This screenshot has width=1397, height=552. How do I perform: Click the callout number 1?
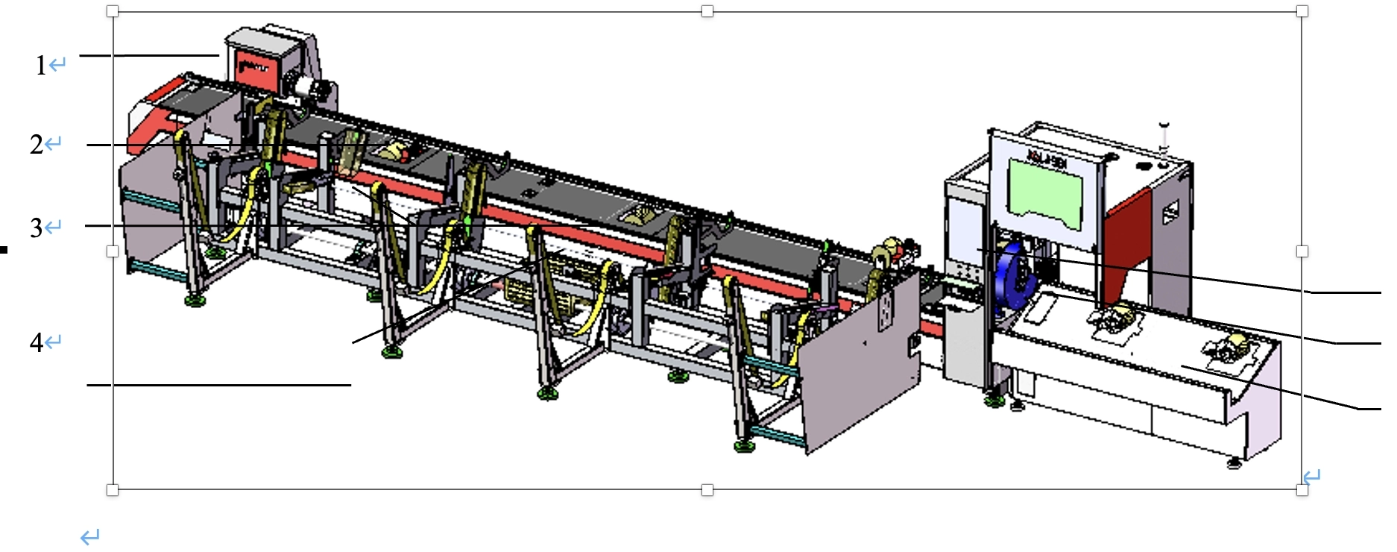41,66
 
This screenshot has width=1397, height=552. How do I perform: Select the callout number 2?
37,144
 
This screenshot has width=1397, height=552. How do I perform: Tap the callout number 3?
37,228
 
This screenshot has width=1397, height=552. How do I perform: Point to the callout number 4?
37,342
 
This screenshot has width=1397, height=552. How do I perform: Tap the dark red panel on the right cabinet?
1126,246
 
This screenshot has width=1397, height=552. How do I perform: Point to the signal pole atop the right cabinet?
1164,138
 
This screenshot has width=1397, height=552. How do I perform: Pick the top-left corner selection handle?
113,11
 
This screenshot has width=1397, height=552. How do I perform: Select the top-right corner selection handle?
1302,11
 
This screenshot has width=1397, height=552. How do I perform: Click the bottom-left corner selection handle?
113,490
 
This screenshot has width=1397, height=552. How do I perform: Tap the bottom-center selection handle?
707,490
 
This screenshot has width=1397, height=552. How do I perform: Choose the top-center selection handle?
707,11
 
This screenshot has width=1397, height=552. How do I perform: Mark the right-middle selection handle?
1302,251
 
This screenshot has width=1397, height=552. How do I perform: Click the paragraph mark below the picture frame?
90,536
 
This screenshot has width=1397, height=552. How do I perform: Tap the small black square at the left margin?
4,250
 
